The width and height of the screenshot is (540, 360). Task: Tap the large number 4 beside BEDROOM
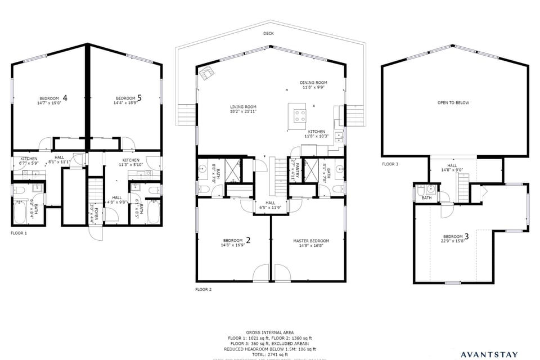[x=65, y=98]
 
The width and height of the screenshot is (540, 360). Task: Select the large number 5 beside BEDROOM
[x=139, y=98]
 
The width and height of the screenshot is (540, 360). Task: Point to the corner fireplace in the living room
[x=207, y=73]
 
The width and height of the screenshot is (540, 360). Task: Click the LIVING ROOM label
[x=243, y=107]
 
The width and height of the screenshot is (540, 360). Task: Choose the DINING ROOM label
[x=313, y=83]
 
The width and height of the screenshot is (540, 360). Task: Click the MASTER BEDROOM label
[x=311, y=241]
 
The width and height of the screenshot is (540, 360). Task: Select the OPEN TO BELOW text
[x=453, y=103]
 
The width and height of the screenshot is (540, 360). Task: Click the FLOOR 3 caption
[x=390, y=164]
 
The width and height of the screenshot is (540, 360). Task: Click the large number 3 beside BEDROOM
[x=466, y=236]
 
